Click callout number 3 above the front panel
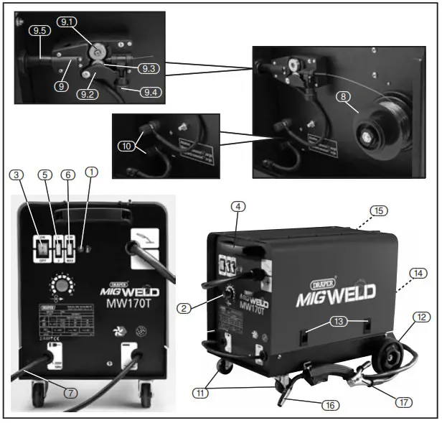[17, 174]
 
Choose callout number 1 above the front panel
[90, 174]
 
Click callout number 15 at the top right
[378, 210]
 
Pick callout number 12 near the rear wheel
[422, 317]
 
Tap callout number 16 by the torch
[330, 406]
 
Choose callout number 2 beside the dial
[185, 308]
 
